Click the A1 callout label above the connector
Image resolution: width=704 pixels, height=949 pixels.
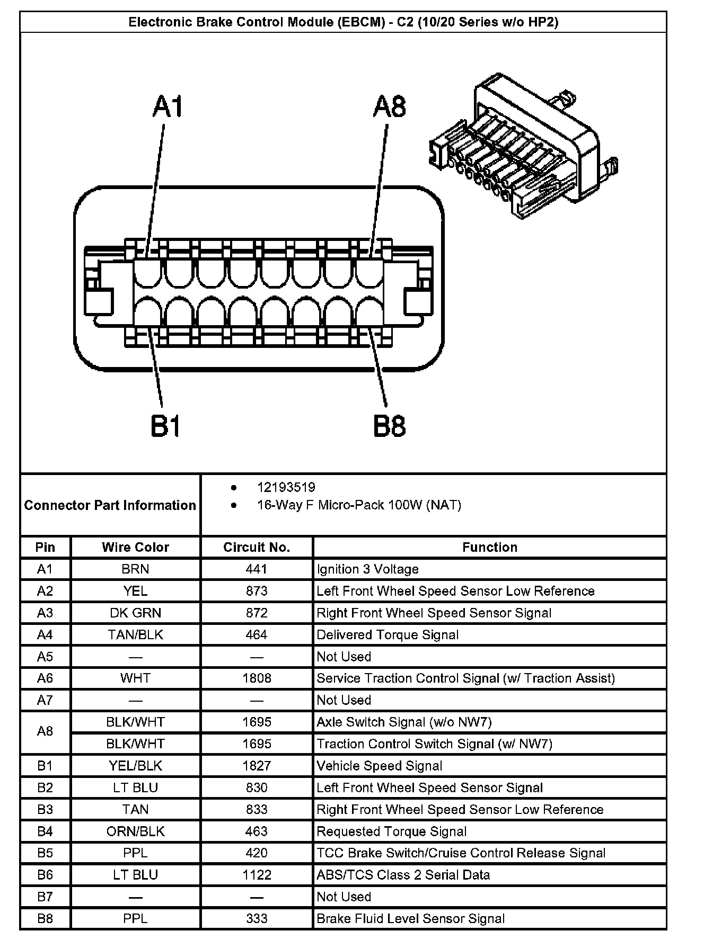pyautogui.click(x=168, y=106)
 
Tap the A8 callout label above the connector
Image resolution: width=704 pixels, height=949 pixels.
pyautogui.click(x=389, y=106)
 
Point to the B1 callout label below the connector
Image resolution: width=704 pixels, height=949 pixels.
pyautogui.click(x=166, y=426)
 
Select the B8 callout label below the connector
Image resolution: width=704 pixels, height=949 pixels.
pyautogui.click(x=389, y=426)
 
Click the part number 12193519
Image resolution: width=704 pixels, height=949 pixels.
pyautogui.click(x=286, y=487)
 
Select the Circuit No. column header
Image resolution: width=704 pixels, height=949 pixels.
pyautogui.click(x=257, y=547)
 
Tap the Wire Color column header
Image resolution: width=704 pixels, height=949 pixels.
pyautogui.click(x=135, y=547)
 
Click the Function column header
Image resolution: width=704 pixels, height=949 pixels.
pyautogui.click(x=489, y=547)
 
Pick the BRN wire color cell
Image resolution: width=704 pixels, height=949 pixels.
pyautogui.click(x=135, y=569)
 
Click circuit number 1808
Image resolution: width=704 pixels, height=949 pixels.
pyautogui.click(x=257, y=678)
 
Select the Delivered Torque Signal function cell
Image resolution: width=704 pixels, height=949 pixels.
pyautogui.click(x=388, y=634)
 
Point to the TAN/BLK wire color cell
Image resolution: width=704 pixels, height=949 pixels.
pyautogui.click(x=135, y=634)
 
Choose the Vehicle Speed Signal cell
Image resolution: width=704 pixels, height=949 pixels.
pyautogui.click(x=379, y=766)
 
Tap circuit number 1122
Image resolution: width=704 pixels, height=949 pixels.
pyautogui.click(x=257, y=875)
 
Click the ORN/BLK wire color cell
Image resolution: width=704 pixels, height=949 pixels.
pyautogui.click(x=135, y=831)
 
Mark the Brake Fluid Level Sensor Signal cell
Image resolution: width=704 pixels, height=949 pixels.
pyautogui.click(x=410, y=919)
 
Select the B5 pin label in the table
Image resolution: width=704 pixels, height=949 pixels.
pyautogui.click(x=45, y=853)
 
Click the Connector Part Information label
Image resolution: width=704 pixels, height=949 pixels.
pyautogui.click(x=110, y=505)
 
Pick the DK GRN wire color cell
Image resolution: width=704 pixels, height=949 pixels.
pyautogui.click(x=135, y=613)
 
